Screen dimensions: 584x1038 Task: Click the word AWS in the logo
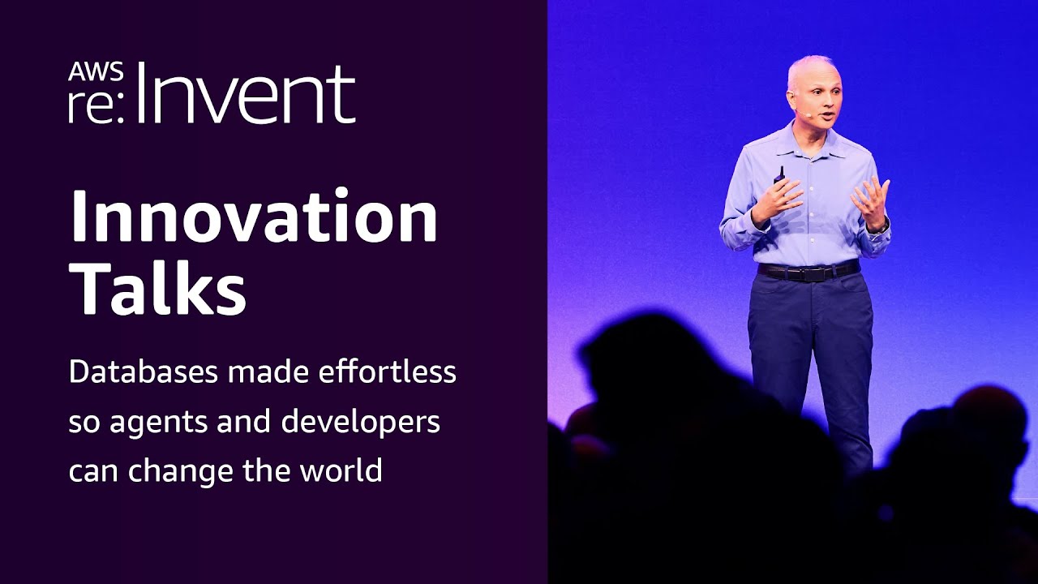pyautogui.click(x=96, y=71)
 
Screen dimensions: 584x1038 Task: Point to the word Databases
pyautogui.click(x=143, y=372)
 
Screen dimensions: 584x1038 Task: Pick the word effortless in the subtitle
pyautogui.click(x=387, y=372)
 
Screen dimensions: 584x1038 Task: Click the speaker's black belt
pyautogui.click(x=808, y=272)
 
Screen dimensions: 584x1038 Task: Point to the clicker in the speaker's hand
pyautogui.click(x=779, y=174)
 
